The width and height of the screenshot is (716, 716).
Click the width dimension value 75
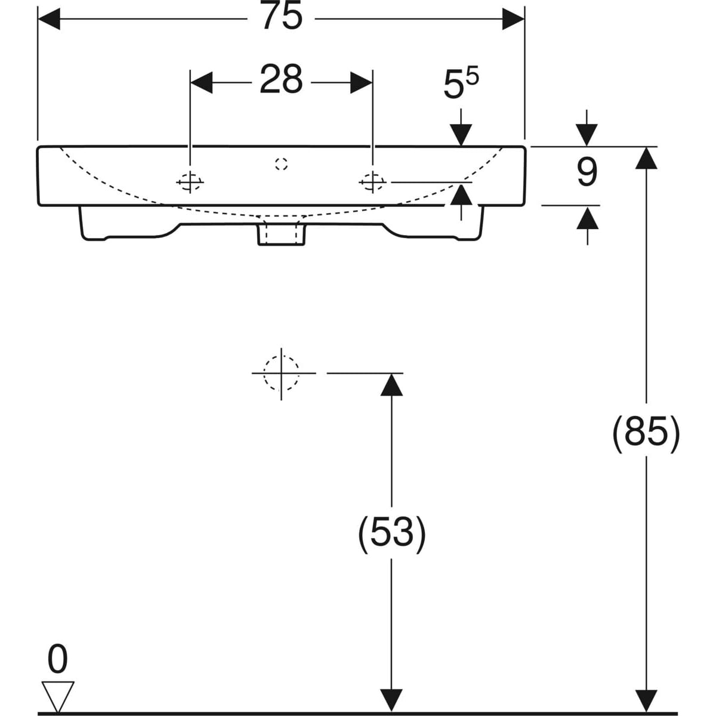(282, 18)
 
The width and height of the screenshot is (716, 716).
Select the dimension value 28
(281, 81)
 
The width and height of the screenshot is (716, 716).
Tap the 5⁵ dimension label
(461, 85)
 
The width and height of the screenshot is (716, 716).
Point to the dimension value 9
(587, 173)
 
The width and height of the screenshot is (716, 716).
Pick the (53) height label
(391, 532)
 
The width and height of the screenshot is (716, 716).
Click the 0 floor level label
(58, 661)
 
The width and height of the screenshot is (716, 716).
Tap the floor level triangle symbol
(58, 696)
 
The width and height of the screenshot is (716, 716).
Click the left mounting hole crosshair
(190, 181)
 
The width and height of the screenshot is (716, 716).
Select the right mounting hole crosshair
(373, 181)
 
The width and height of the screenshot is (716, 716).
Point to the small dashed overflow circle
(282, 164)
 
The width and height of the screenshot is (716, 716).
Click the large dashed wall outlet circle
(281, 373)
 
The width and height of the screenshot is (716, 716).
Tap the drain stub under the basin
(281, 233)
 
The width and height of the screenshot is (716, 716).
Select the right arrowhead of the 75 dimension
(513, 18)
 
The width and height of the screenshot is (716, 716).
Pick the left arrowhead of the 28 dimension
(201, 82)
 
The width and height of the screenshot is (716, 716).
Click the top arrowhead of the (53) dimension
(391, 384)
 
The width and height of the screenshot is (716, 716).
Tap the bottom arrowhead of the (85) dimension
(646, 700)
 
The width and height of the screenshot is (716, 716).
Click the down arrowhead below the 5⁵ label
(461, 134)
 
